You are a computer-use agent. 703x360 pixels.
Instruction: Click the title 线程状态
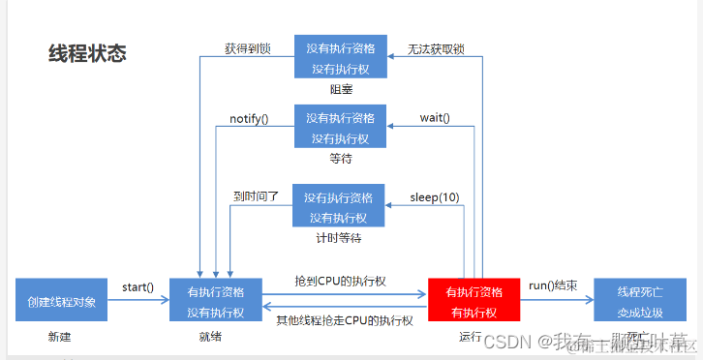87,53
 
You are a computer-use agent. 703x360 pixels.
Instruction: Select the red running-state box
474,301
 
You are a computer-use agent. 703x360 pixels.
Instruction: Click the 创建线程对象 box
61,301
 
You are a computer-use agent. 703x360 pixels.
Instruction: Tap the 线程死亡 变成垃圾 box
640,301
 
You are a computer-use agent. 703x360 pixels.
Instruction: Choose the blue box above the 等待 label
340,127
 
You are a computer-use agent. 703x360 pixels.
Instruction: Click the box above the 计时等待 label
338,206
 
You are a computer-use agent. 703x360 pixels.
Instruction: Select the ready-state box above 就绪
216,301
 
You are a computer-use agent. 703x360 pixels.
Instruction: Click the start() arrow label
138,286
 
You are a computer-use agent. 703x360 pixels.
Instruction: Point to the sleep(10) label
435,197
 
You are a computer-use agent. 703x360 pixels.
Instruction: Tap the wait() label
435,118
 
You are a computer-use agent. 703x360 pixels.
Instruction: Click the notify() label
249,118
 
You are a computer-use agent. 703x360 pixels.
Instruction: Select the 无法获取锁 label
436,47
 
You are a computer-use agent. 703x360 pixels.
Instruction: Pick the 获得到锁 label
249,46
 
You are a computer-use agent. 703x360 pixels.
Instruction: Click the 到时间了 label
256,195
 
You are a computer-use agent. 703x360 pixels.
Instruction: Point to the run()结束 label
554,285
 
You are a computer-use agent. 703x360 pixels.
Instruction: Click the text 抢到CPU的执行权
341,281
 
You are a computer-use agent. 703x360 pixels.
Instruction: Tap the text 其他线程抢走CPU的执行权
345,320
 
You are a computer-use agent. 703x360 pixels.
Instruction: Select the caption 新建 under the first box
60,337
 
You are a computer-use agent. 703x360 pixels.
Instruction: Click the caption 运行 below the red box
472,338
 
